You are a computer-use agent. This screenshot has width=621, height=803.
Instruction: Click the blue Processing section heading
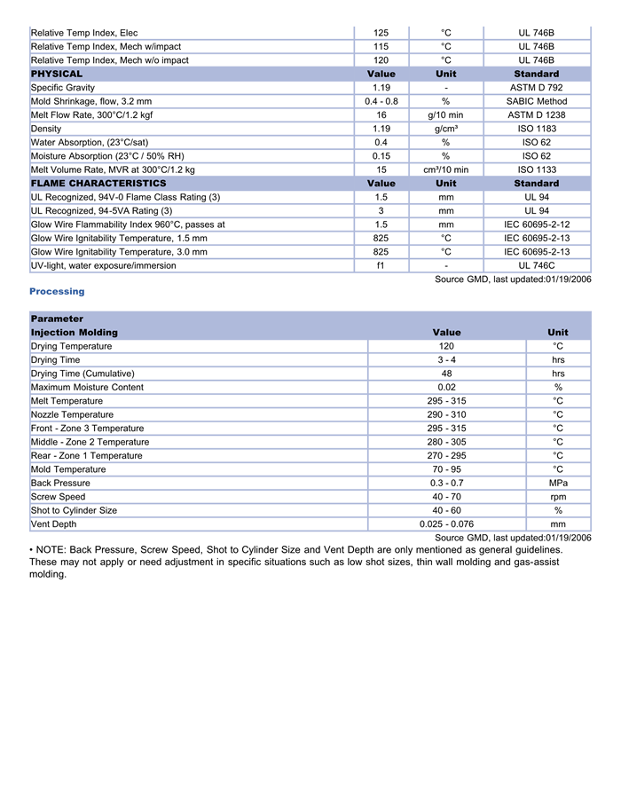(x=57, y=291)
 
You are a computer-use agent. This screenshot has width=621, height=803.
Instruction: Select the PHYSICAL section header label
(x=57, y=74)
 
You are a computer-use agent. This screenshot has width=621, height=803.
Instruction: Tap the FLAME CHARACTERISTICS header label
(x=98, y=183)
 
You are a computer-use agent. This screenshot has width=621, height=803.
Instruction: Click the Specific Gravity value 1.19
(x=381, y=88)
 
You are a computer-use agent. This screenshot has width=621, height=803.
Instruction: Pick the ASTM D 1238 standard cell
(x=536, y=115)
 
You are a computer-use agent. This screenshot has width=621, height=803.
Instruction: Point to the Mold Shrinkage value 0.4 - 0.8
(x=381, y=101)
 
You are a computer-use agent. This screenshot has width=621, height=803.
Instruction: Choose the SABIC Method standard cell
(x=536, y=101)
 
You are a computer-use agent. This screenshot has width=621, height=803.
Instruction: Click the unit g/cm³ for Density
(x=446, y=129)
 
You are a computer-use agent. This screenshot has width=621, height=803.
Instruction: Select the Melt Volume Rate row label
(x=113, y=169)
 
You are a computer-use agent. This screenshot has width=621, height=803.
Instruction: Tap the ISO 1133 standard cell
(x=536, y=169)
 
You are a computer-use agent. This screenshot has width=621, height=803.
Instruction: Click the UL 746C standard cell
(x=536, y=265)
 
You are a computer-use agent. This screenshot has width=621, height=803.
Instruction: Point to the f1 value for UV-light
(x=381, y=265)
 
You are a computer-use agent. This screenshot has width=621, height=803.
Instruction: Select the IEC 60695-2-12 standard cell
(x=536, y=224)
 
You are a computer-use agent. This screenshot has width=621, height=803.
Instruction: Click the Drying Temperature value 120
(x=446, y=346)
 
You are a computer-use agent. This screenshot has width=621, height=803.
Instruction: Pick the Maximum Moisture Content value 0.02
(x=446, y=387)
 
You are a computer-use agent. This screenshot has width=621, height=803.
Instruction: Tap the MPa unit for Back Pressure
(x=558, y=483)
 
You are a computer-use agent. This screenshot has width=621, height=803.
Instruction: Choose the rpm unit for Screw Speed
(x=558, y=497)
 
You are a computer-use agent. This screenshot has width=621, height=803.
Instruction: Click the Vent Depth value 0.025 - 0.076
(x=446, y=524)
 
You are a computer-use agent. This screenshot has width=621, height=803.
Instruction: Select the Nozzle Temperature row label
(x=72, y=414)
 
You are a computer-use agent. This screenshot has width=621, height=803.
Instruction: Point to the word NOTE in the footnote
(x=55, y=550)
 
